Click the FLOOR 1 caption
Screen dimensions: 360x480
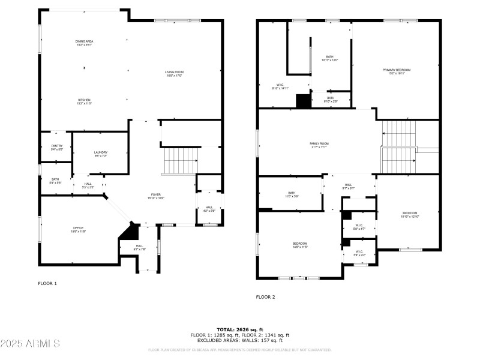47,283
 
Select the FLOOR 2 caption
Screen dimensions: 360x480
265,297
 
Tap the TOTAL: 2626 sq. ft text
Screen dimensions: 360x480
239,329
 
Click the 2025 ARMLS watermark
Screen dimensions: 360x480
30,344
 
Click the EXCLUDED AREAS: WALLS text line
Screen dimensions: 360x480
239,340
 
